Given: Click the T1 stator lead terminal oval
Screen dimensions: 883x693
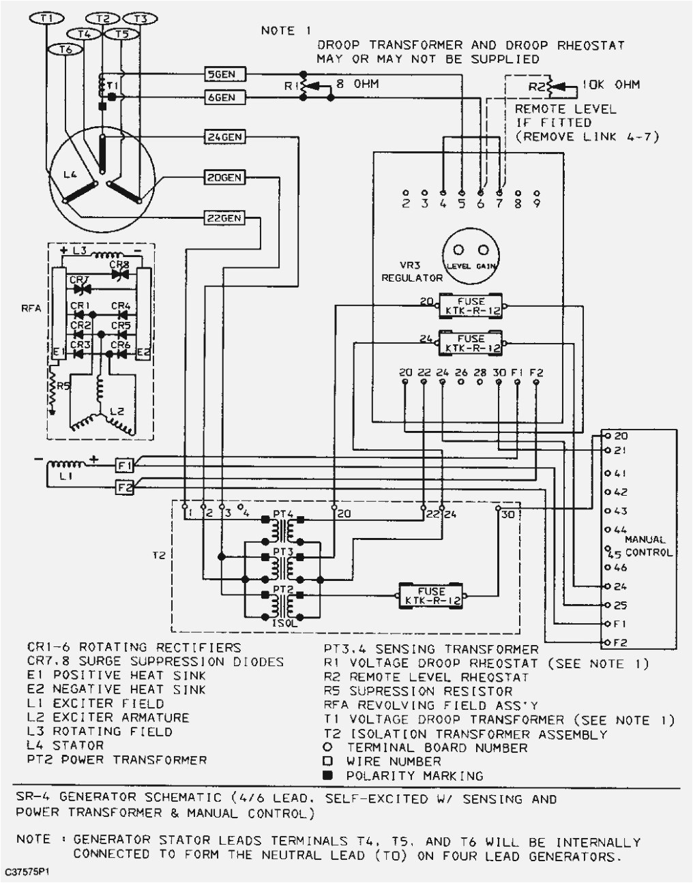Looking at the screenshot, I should coord(46,19).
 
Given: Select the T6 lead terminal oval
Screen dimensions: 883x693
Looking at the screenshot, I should coord(65,49).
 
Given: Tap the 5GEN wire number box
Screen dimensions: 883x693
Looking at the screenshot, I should coord(225,74).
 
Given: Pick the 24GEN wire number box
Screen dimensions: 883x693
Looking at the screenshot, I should coord(224,137).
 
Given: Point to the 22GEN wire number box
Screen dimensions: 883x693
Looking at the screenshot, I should coord(224,219).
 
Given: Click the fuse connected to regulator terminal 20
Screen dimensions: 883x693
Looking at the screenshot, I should coord(471,305).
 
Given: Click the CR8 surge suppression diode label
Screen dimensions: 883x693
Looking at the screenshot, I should coord(119,265).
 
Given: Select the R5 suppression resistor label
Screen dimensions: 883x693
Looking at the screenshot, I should coord(63,386).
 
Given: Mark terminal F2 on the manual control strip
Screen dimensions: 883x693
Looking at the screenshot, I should coord(620,642).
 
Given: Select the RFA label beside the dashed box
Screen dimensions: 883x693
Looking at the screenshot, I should coord(31,308).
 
